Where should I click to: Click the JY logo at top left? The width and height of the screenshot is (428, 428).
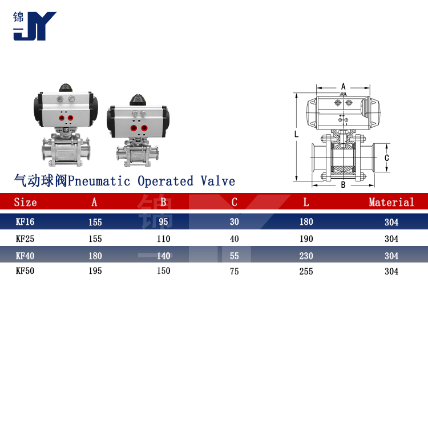[35, 26]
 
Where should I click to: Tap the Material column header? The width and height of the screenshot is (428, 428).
[391, 202]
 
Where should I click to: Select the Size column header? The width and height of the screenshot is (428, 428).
[25, 202]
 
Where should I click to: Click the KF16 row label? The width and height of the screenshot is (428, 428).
[25, 221]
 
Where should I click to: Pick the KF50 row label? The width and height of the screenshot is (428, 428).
[25, 270]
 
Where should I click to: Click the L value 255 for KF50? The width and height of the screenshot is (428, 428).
[306, 271]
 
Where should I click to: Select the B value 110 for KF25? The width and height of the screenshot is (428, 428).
[164, 239]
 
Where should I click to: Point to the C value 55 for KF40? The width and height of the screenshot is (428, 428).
[234, 256]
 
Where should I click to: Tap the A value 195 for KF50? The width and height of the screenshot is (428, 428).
[95, 270]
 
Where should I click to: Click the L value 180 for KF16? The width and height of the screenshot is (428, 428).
[306, 221]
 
